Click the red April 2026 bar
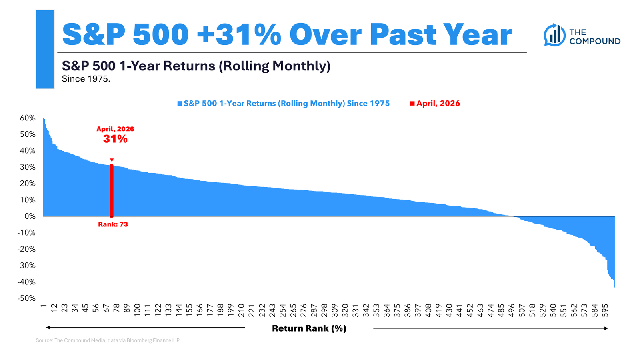point(112,191)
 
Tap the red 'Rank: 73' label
point(113,224)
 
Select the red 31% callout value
point(115,139)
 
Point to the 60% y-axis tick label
point(28,118)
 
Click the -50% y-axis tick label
point(26,298)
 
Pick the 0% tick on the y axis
point(30,216)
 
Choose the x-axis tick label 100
point(137,310)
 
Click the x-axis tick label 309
point(334,310)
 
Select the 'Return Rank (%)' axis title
point(309,328)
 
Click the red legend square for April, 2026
point(412,104)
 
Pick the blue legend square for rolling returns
point(180,104)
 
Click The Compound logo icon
point(554,35)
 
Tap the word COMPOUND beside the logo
point(595,41)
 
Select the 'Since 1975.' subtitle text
point(86,79)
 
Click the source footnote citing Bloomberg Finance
point(108,340)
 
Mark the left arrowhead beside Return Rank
point(48,328)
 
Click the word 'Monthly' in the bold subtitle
point(300,66)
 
